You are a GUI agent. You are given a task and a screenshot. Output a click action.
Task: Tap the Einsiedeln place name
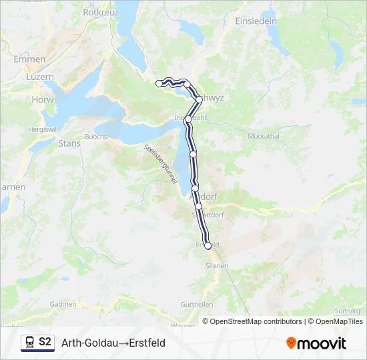tap(256, 21)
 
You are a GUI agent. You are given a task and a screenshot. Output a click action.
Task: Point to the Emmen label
tap(29, 59)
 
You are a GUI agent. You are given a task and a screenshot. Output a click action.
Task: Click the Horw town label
tap(43, 99)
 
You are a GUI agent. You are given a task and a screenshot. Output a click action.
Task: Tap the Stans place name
tap(69, 143)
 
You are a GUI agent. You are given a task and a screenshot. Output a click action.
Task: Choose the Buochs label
tap(96, 137)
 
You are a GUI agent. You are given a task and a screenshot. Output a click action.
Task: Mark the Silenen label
tap(217, 265)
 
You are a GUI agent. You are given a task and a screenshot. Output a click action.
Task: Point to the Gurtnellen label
tap(197, 304)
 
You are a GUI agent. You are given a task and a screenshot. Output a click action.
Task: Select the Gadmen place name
tap(63, 304)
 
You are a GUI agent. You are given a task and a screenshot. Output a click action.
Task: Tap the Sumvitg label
tap(348, 311)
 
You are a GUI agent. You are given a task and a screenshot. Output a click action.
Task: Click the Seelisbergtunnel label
tap(158, 161)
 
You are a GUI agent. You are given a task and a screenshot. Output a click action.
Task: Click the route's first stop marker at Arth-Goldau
tap(159, 83)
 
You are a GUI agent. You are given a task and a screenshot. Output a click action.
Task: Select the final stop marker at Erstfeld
tap(208, 246)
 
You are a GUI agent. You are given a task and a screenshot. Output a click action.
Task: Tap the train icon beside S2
tap(29, 342)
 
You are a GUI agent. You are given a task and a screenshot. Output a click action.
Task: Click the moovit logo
tap(316, 343)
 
